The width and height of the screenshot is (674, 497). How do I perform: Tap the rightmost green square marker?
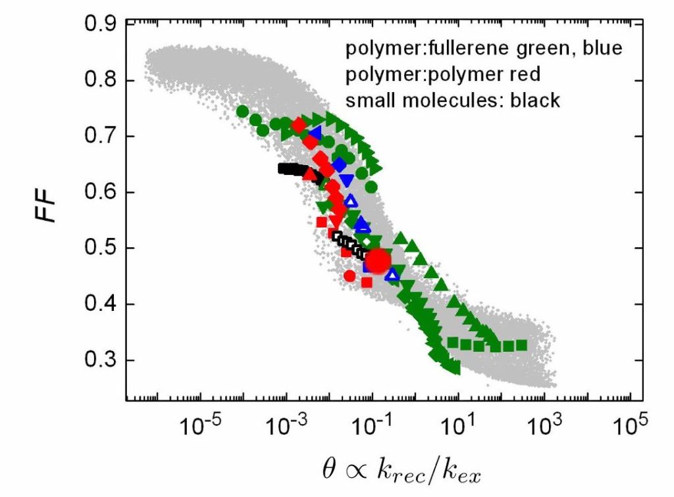[521, 344]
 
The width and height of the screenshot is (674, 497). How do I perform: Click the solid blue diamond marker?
[339, 164]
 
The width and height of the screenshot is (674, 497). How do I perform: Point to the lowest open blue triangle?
[392, 274]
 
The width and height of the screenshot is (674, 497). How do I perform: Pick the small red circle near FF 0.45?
[350, 276]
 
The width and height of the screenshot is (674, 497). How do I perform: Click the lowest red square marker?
[367, 282]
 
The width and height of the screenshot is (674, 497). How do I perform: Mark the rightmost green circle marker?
[371, 187]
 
